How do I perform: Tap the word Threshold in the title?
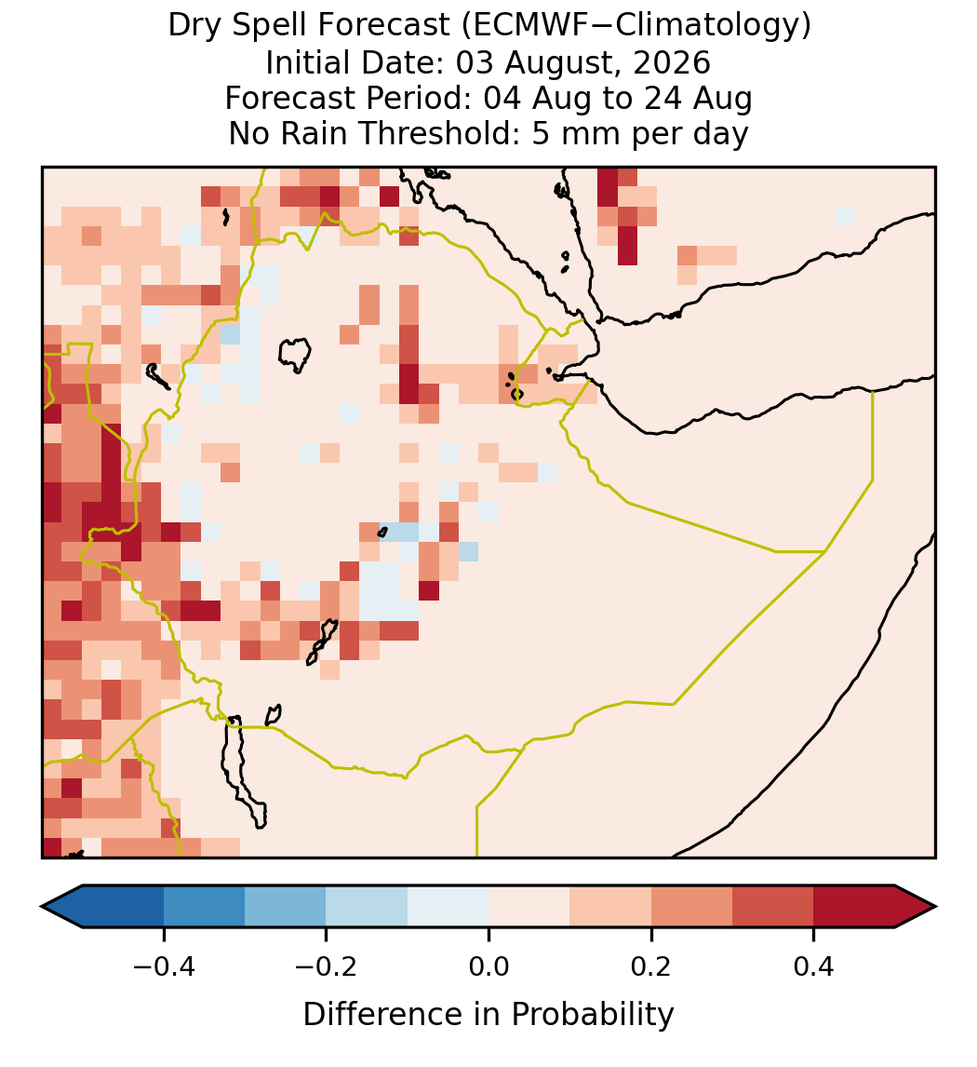tap(446, 133)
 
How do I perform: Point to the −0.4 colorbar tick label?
tap(163, 966)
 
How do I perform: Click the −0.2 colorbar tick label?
tap(326, 966)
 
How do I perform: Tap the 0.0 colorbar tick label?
tap(488, 966)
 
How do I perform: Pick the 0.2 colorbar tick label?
tap(651, 966)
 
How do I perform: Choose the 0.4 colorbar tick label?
tap(814, 966)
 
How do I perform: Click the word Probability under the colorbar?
tap(592, 1015)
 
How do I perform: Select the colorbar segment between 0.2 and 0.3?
tap(692, 907)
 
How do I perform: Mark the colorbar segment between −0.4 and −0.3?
tap(204, 907)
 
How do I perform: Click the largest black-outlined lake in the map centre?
tap(295, 355)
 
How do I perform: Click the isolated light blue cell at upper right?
tap(845, 216)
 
